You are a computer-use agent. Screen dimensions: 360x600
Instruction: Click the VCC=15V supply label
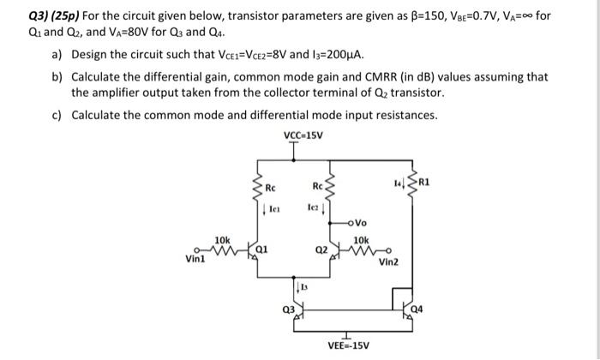point(299,136)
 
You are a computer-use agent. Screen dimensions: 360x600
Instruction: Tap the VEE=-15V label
point(349,345)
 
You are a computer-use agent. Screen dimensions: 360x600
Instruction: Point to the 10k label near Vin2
point(361,240)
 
